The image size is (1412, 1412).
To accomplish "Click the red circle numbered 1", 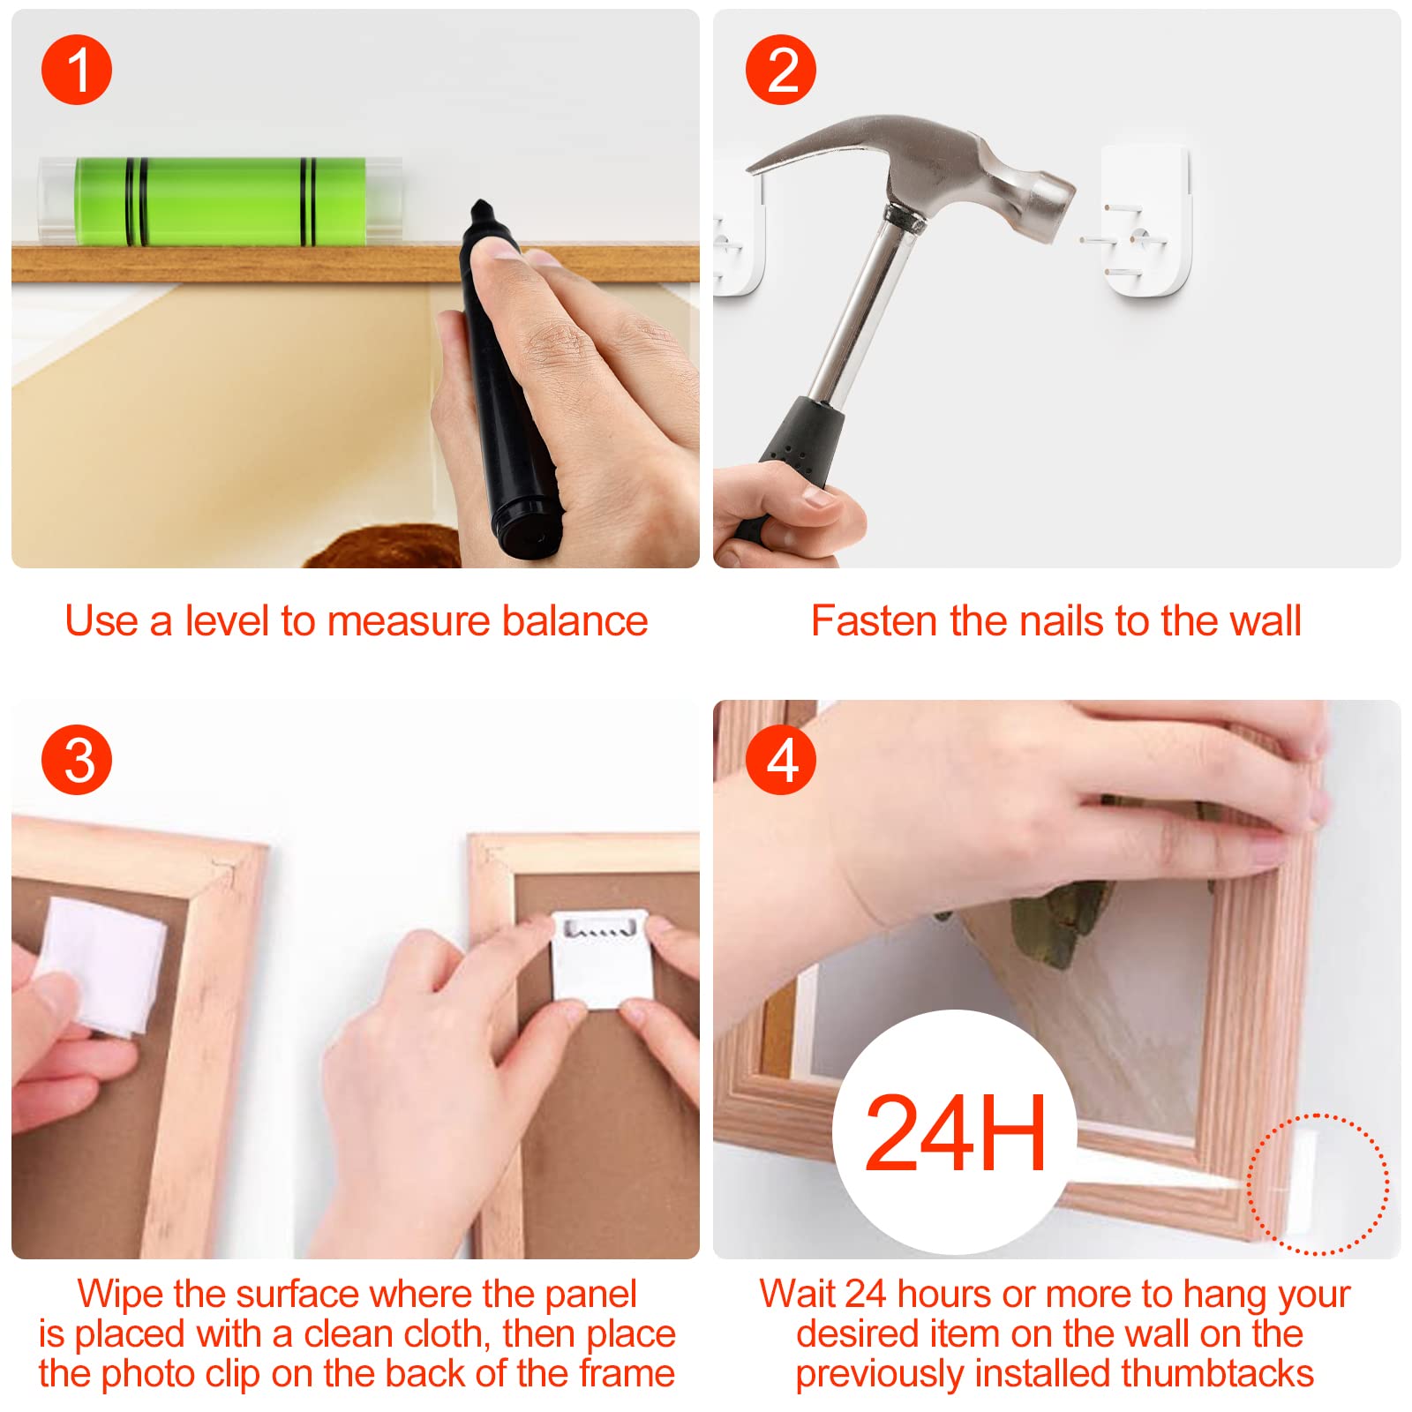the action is tap(77, 70).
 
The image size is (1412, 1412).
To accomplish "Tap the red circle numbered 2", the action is tap(781, 70).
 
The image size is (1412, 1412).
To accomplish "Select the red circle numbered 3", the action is tap(77, 760).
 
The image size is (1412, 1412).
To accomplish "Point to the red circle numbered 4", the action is tap(781, 760).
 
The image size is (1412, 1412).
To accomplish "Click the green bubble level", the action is tap(220, 200).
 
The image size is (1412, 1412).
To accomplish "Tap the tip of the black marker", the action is tap(480, 206).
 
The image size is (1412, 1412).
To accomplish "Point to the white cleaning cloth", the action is tap(101, 965).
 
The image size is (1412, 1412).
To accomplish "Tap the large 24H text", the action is tap(956, 1132).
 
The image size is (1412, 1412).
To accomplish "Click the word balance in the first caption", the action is tap(575, 620).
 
